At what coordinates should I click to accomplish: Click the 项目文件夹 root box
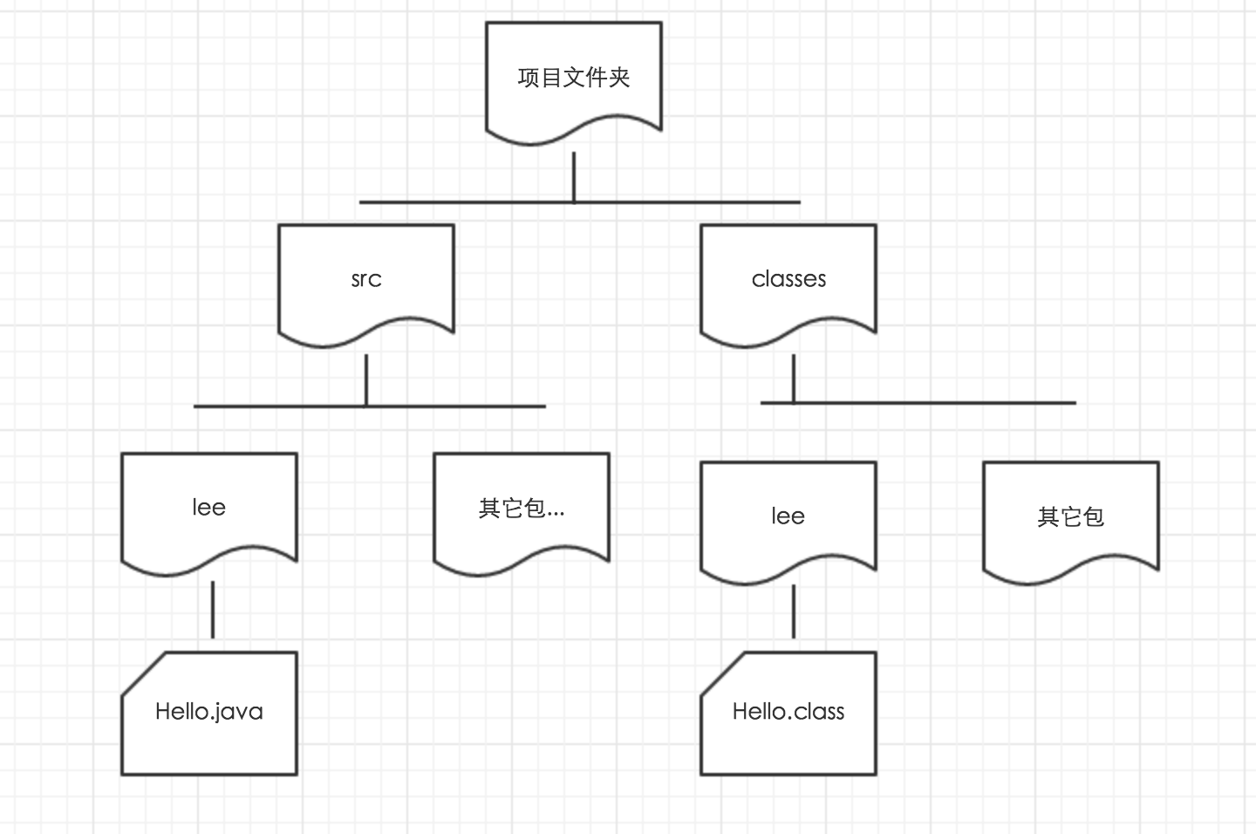pos(573,79)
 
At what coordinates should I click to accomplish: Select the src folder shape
pos(366,279)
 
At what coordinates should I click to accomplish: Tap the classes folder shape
pos(788,279)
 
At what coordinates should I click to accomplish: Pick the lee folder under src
pos(209,508)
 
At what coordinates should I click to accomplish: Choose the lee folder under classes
pos(788,516)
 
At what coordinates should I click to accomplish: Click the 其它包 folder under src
pos(521,508)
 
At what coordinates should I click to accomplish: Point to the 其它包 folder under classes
pos(1070,516)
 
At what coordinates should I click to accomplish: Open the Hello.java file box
pos(209,713)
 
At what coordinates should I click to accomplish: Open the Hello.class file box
pos(788,713)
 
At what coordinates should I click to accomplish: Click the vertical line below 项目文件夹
pos(573,176)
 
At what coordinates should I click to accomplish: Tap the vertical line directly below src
pos(366,379)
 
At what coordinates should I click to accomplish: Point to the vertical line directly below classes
pos(793,378)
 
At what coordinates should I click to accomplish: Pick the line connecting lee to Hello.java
pos(213,609)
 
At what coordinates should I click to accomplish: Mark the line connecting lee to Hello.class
pos(793,611)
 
